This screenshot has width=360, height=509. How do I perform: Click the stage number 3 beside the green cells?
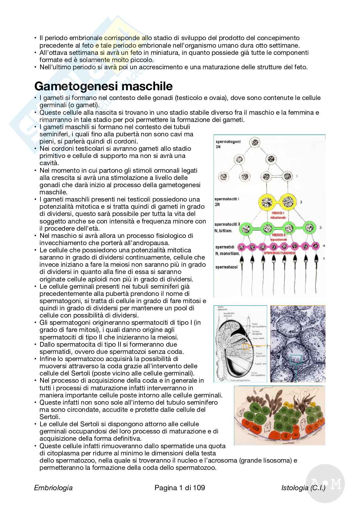pyautogui.click(x=320, y=227)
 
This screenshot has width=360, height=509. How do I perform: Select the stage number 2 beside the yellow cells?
pyautogui.click(x=301, y=202)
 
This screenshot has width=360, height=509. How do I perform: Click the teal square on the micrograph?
pyautogui.click(x=296, y=359)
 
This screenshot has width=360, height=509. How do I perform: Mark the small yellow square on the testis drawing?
pyautogui.click(x=246, y=347)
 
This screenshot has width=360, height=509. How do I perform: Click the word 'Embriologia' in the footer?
pyautogui.click(x=53, y=487)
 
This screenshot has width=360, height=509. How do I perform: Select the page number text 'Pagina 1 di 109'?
pyautogui.click(x=180, y=487)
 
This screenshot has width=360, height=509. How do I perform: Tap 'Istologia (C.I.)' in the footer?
pyautogui.click(x=303, y=487)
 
